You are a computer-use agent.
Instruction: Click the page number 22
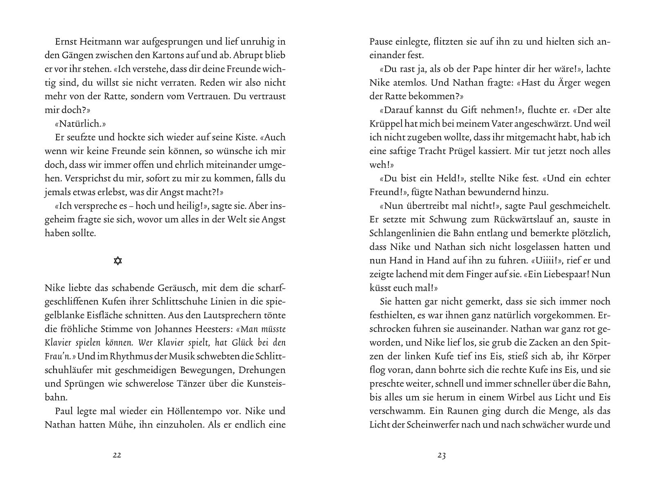tap(117, 455)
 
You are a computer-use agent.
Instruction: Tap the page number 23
tap(441, 455)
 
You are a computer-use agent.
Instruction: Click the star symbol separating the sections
tap(118, 261)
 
